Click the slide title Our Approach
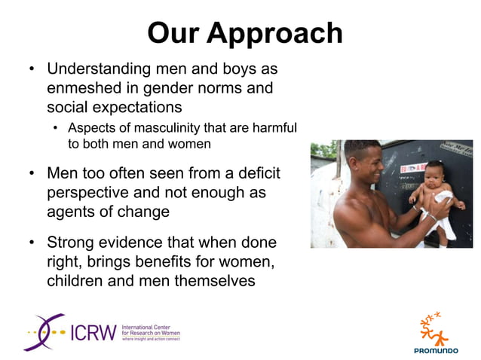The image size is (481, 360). pos(245,32)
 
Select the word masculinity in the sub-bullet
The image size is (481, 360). pos(149,127)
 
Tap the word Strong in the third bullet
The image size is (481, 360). pos(72,243)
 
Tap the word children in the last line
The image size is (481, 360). pos(75,281)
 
